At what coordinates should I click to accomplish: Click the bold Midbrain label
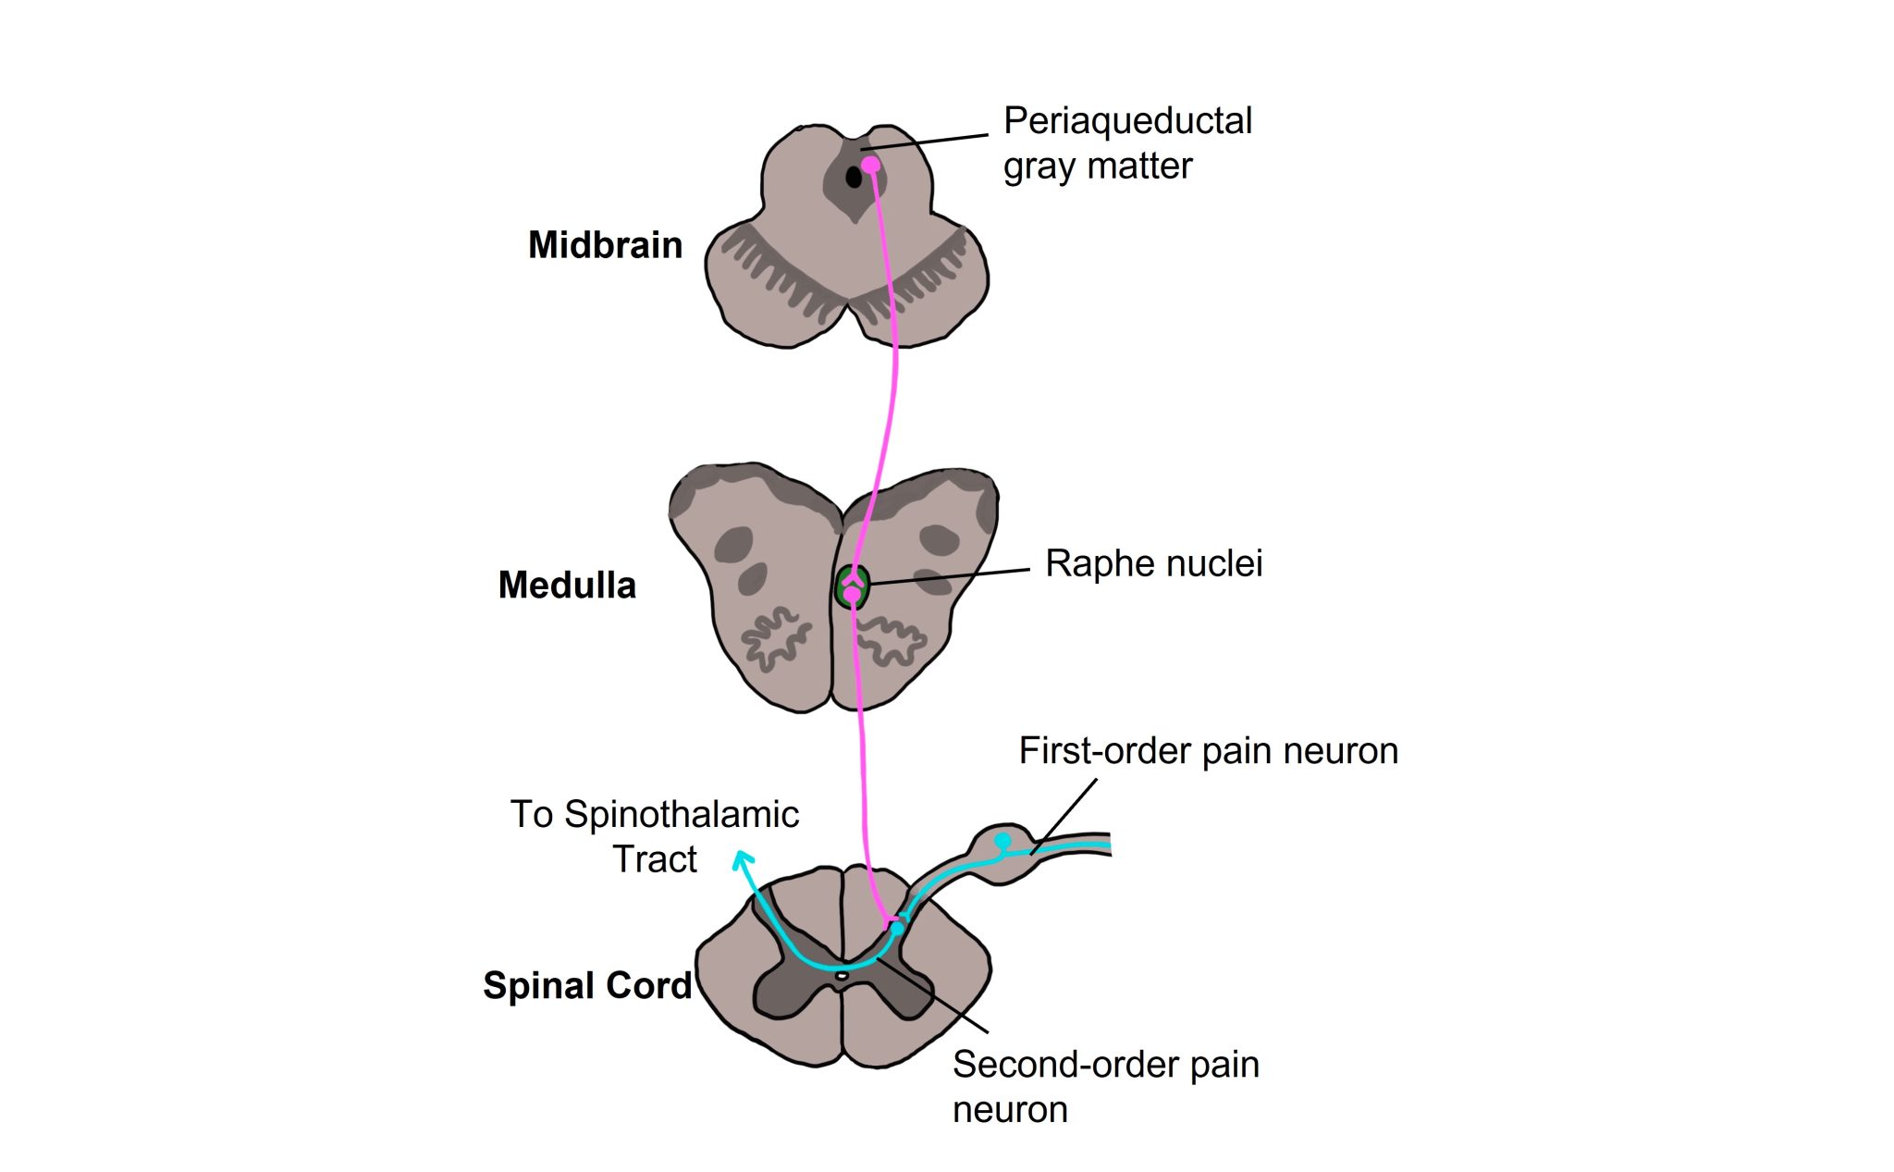[605, 245]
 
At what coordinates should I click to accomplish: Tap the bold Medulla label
[567, 586]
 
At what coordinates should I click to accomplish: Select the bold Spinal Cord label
[587, 986]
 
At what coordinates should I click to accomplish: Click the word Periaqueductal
[1127, 121]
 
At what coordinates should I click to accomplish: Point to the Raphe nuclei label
[1153, 563]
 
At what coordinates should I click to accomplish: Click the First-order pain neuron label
[1208, 751]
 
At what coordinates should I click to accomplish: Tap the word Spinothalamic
[682, 815]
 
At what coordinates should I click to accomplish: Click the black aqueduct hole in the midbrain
[854, 176]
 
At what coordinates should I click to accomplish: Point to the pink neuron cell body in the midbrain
[870, 166]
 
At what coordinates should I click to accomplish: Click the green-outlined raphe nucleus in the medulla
[852, 587]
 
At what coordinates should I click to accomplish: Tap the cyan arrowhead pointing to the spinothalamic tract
[742, 859]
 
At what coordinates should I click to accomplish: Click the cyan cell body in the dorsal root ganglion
[1002, 841]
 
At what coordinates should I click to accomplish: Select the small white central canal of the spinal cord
[842, 975]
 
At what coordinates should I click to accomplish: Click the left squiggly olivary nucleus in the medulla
[775, 638]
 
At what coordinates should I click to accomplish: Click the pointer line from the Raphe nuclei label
[953, 576]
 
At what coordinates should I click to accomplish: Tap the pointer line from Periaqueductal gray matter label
[925, 142]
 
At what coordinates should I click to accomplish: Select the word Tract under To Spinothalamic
[655, 860]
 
